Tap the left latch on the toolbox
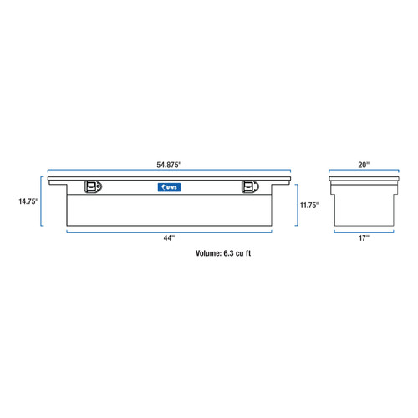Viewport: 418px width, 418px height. (x=92, y=187)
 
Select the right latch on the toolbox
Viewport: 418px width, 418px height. (x=248, y=187)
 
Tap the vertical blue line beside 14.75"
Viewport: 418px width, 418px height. (x=43, y=201)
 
